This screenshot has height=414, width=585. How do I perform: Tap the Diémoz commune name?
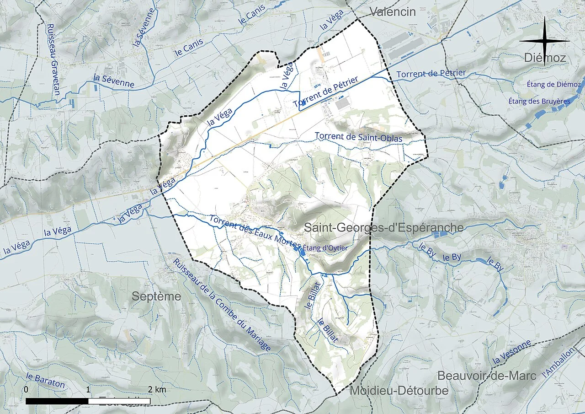(x=545, y=58)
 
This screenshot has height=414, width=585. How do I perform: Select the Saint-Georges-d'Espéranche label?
(x=383, y=227)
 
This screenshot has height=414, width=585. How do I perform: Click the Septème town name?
(x=156, y=296)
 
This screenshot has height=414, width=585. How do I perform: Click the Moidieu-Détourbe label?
(x=399, y=391)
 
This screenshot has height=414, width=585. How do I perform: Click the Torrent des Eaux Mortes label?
(x=255, y=231)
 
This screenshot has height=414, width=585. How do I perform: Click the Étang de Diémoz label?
(x=553, y=85)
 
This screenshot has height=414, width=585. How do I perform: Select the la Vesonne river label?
(x=512, y=352)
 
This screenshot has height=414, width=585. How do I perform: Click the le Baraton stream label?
(x=45, y=381)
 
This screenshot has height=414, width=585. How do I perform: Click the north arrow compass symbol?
(x=544, y=41)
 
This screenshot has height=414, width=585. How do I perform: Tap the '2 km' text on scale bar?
(x=157, y=390)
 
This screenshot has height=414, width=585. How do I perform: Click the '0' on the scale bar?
(x=26, y=390)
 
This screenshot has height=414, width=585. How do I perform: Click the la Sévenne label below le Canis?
(x=113, y=81)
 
